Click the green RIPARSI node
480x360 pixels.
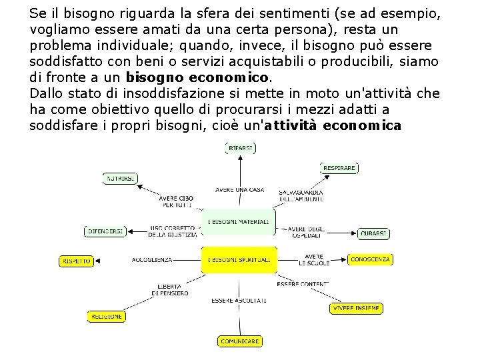(240, 147)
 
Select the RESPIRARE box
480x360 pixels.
(339, 168)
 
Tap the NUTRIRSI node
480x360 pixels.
(121, 179)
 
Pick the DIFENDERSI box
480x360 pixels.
(105, 231)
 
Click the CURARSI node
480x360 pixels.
(373, 233)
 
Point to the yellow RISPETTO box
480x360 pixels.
(77, 261)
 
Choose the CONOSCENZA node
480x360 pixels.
(370, 259)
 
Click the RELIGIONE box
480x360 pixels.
(107, 317)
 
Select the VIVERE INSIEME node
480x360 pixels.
(357, 309)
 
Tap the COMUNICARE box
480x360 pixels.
(240, 341)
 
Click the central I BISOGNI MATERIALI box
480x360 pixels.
(239, 221)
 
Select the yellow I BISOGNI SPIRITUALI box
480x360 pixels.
(239, 259)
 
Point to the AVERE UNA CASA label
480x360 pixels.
(240, 190)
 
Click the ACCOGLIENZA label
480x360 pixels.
(152, 259)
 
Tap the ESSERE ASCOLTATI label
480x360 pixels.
(239, 301)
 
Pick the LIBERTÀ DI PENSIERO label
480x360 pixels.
(170, 290)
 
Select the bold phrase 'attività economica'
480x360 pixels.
(333, 125)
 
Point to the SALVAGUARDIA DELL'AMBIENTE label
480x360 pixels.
(301, 195)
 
